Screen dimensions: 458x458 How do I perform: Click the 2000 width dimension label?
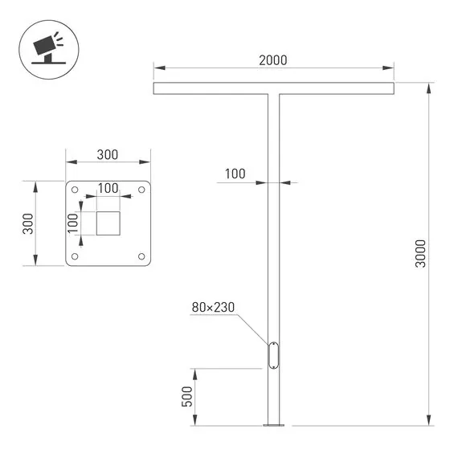pos(273,60)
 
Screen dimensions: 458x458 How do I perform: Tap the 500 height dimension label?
pos(186,397)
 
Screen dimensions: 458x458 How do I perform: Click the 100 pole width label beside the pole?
pos(235,174)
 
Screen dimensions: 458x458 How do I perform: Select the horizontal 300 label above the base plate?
pos(108,154)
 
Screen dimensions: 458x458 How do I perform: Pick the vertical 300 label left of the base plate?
pos(27,223)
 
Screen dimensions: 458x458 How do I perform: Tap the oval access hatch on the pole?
pos(273,355)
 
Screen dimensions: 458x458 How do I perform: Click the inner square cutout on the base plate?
pos(108,223)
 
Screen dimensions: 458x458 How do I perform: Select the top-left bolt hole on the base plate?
pos(75,190)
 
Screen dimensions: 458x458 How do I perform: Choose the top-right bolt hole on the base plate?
pos(141,190)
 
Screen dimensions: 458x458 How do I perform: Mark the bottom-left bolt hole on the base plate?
pos(75,256)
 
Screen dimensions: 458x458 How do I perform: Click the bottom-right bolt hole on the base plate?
pos(141,256)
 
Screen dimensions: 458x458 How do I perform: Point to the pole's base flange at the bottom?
pos(273,424)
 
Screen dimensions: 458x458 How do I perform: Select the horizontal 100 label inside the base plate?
pos(108,188)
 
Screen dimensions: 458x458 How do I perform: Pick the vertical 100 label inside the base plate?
pos(72,223)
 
